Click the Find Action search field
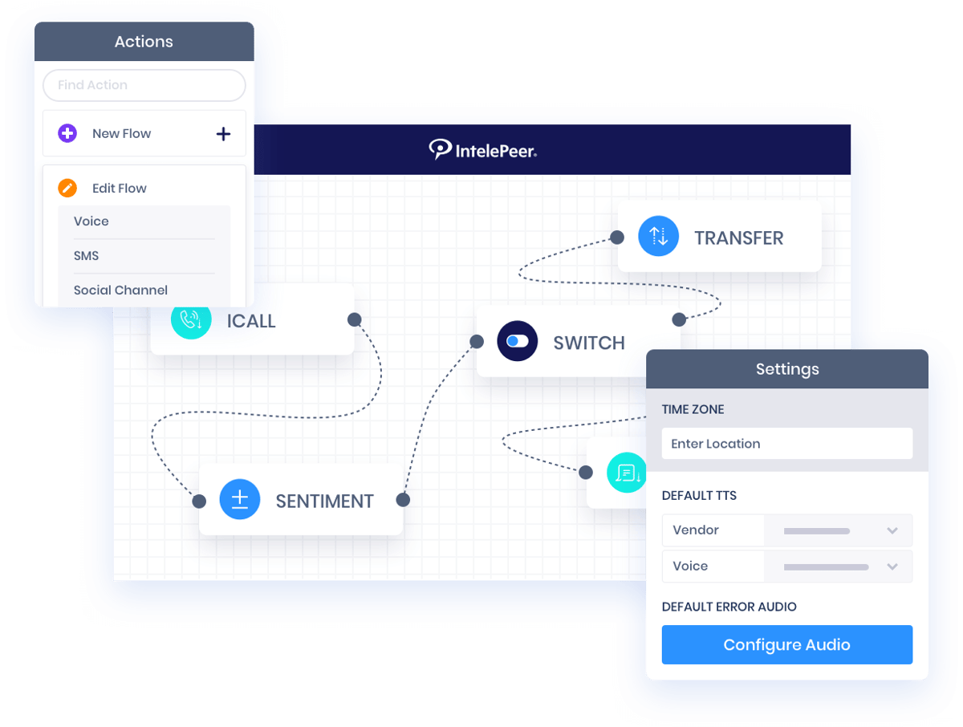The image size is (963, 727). pyautogui.click(x=144, y=85)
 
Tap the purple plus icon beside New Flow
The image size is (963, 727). pyautogui.click(x=67, y=133)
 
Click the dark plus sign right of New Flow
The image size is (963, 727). pyautogui.click(x=223, y=134)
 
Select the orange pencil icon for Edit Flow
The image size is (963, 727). pyautogui.click(x=67, y=188)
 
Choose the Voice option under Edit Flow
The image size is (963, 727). pyautogui.click(x=91, y=221)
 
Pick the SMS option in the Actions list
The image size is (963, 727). pyautogui.click(x=87, y=256)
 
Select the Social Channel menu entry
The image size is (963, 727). pyautogui.click(x=120, y=290)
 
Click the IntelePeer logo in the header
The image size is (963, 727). pyautogui.click(x=482, y=149)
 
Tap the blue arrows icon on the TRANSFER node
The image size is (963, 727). pyautogui.click(x=658, y=236)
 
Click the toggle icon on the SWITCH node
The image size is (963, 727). pyautogui.click(x=517, y=342)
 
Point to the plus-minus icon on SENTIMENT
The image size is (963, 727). pyautogui.click(x=239, y=500)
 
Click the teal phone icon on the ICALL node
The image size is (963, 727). pyautogui.click(x=191, y=320)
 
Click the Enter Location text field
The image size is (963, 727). pyautogui.click(x=786, y=444)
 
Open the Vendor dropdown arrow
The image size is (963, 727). pyautogui.click(x=892, y=530)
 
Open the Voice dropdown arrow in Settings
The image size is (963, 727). pyautogui.click(x=892, y=567)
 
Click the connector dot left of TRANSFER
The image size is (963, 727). pyautogui.click(x=616, y=237)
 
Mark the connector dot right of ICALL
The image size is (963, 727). pyautogui.click(x=354, y=319)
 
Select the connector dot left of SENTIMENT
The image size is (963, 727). pyautogui.click(x=199, y=502)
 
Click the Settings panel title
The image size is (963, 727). pyautogui.click(x=786, y=369)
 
